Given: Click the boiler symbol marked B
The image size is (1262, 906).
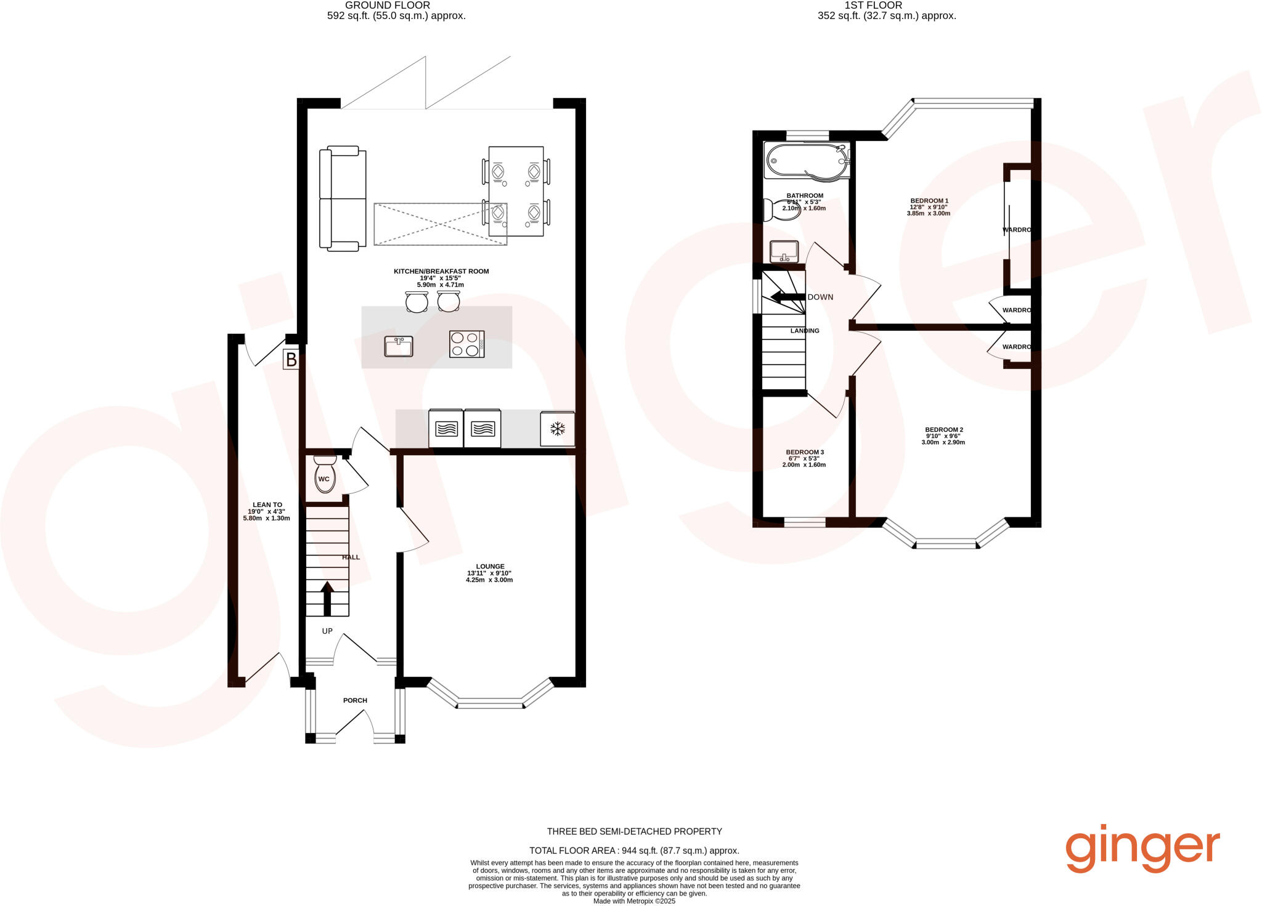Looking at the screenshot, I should tap(291, 359).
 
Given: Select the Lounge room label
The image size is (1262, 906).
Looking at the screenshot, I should tap(490, 567).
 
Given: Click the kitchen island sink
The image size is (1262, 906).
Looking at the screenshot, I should tap(399, 347).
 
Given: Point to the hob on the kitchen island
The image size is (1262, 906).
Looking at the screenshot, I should tap(466, 344).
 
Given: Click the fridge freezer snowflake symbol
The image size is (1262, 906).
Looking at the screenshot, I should tap(558, 429).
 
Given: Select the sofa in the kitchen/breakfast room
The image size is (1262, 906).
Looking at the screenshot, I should tap(342, 198).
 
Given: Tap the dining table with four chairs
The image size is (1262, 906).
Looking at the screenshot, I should tap(516, 192).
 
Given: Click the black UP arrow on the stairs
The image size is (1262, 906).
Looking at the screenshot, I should tap(327, 597).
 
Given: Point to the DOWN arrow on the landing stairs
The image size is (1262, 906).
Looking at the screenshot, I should tap(788, 297).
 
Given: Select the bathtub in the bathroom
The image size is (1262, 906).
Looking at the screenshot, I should tap(807, 162).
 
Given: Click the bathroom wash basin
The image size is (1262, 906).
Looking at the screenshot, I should tap(784, 251).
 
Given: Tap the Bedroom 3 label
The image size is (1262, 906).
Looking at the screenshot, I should tap(805, 452).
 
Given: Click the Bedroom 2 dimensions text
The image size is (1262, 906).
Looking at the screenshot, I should tap(943, 439).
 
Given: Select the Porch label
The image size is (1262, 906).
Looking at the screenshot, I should tap(355, 700).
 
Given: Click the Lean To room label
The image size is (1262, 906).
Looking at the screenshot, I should tap(267, 505).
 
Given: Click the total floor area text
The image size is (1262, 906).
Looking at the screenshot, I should tap(634, 851).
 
